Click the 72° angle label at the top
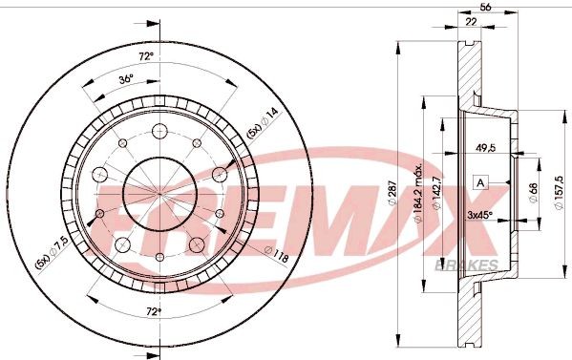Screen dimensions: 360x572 point(145,57)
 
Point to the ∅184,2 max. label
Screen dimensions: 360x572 point(419,196)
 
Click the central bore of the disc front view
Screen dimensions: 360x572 point(159,182)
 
